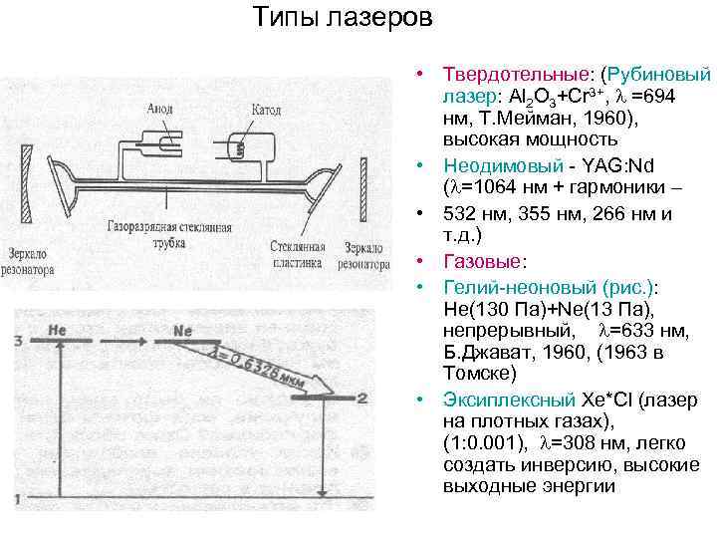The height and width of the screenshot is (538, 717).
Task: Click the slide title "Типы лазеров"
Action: coord(342,19)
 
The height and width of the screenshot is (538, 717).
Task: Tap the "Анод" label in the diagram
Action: coord(160,109)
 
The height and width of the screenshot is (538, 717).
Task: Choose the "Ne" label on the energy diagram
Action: coord(182,328)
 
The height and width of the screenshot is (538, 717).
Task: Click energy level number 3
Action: coord(19,342)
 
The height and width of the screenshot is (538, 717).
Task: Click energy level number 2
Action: coord(362,399)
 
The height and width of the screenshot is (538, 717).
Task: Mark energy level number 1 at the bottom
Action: coord(19,498)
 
